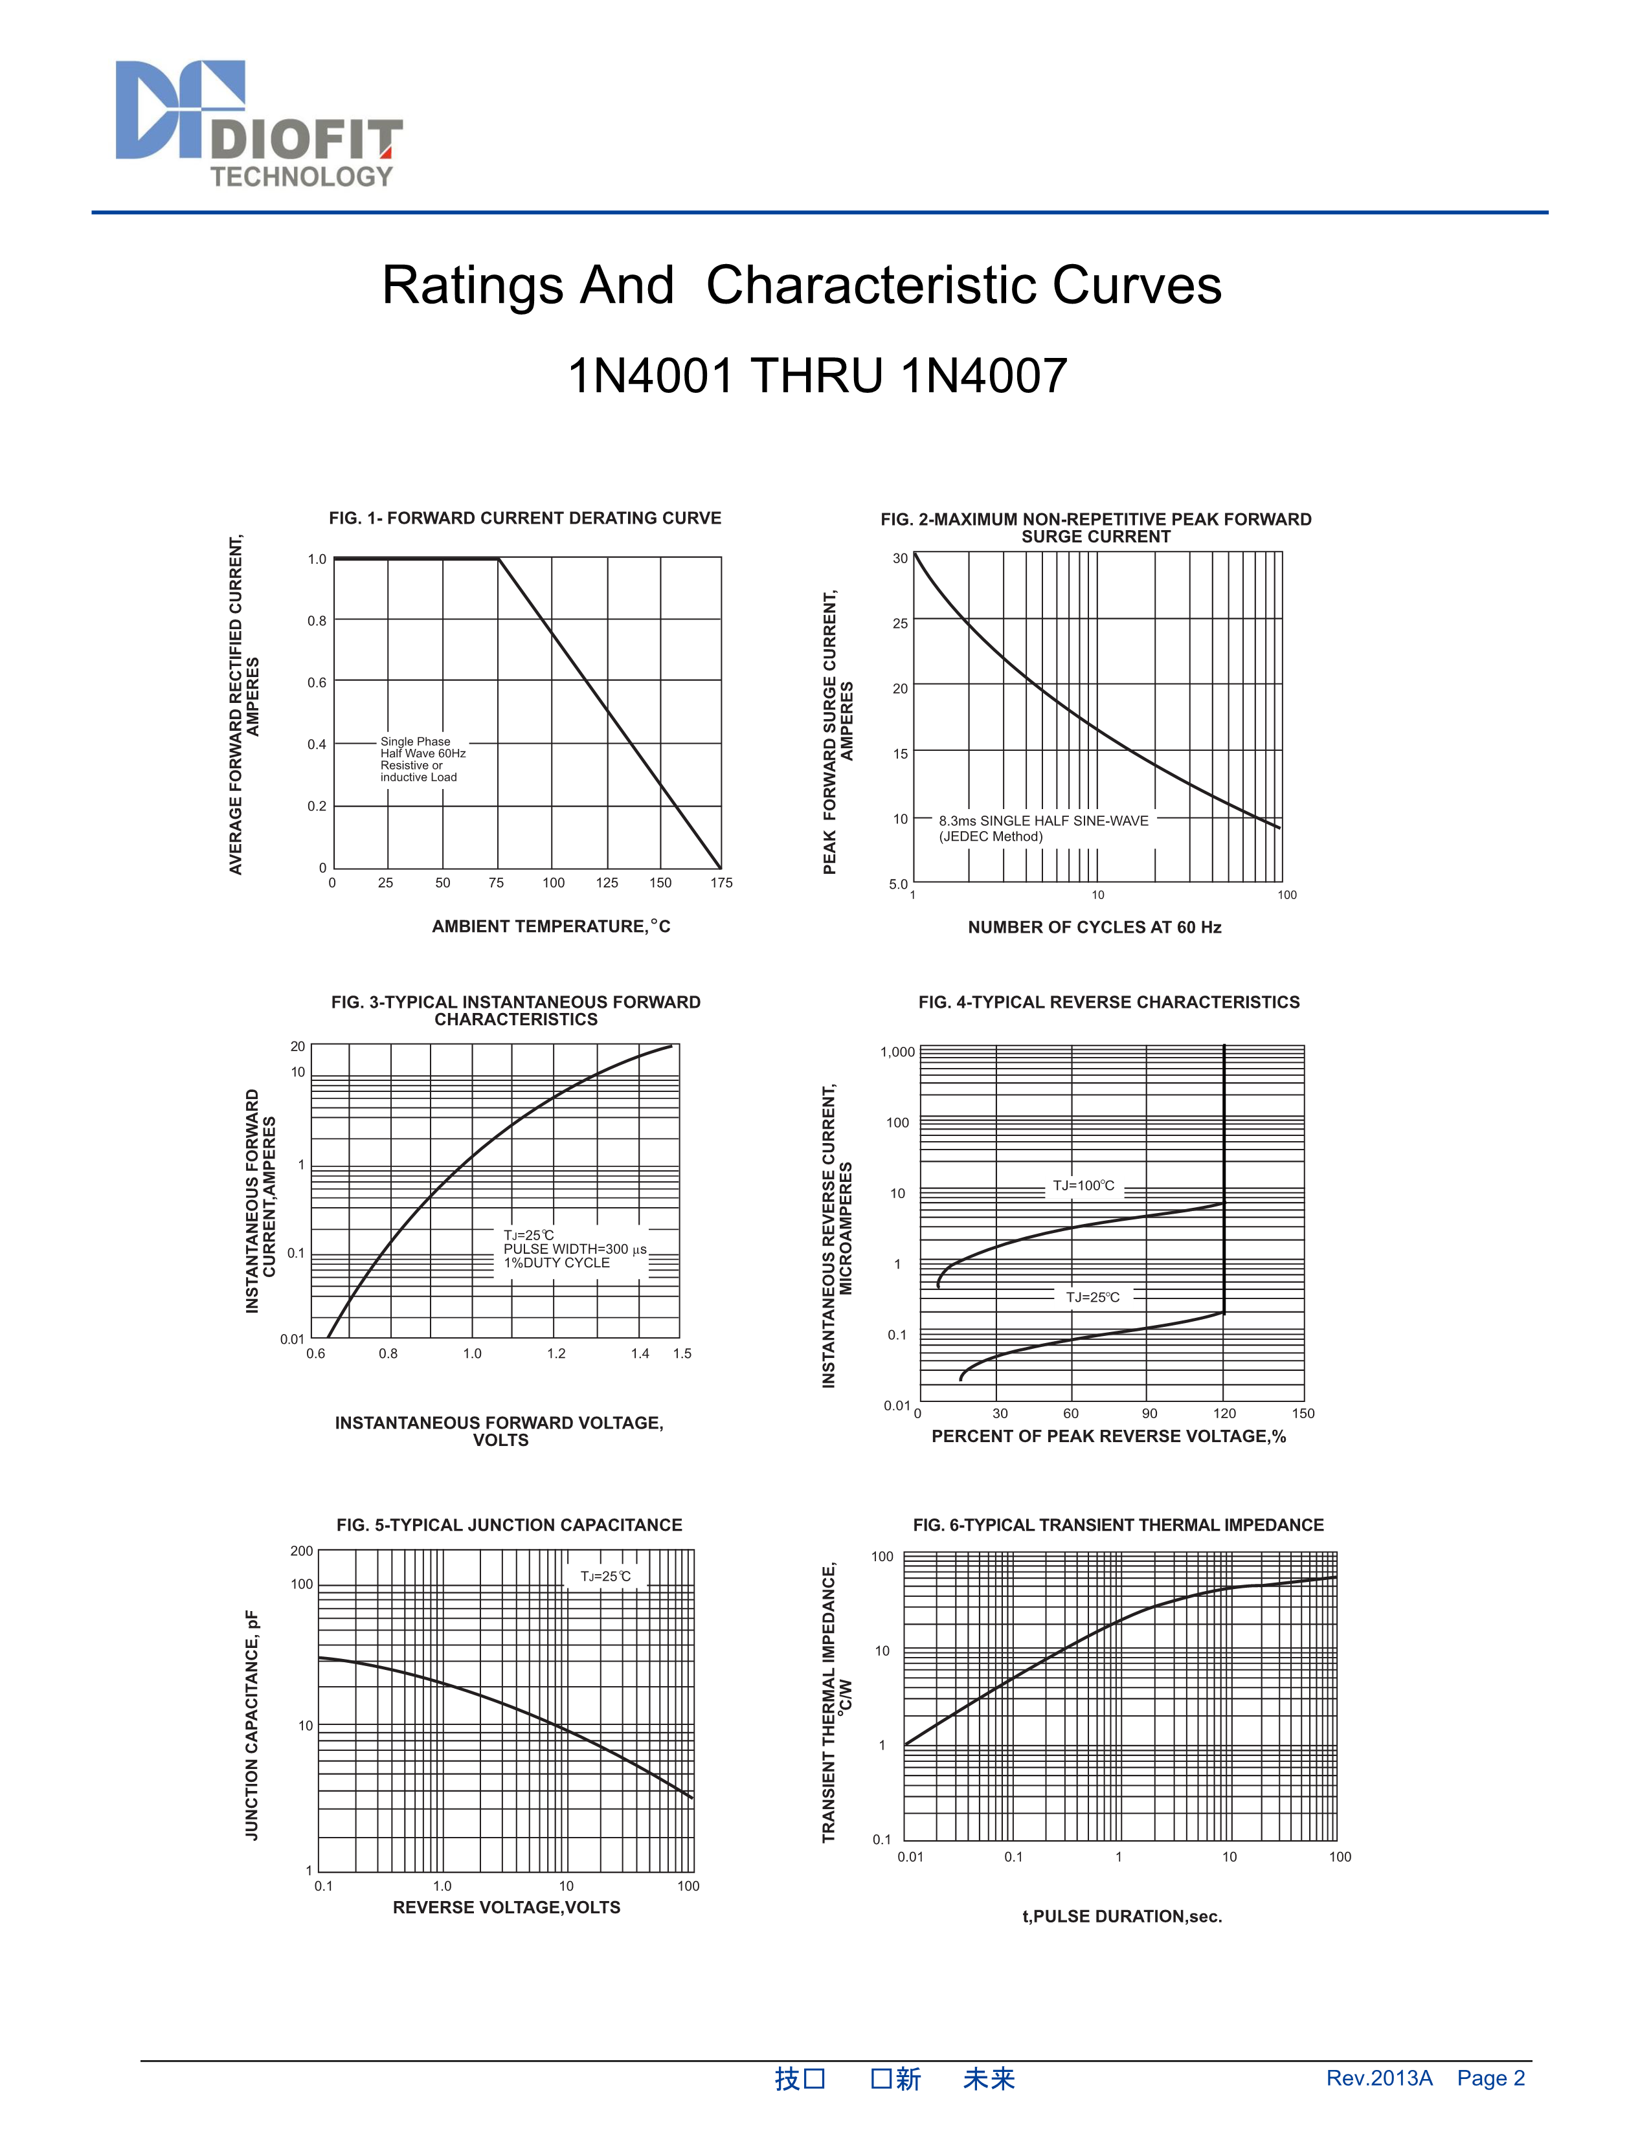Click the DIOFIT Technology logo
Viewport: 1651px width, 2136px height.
259,124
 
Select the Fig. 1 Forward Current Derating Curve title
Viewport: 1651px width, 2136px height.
524,518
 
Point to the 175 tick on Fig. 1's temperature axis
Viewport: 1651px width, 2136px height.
721,883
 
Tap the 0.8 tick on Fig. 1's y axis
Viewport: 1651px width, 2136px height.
317,621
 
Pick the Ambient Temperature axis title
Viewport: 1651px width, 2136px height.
551,926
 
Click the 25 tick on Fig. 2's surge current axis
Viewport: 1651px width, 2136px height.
900,623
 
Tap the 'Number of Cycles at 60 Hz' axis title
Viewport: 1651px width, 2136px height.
1094,927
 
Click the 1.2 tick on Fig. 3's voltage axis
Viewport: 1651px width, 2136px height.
557,1353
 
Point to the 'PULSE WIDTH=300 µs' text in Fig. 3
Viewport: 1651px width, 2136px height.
575,1249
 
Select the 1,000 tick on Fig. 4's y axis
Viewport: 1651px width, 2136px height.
897,1052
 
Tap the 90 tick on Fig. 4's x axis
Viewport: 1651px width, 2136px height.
1149,1413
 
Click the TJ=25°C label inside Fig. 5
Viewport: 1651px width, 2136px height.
605,1577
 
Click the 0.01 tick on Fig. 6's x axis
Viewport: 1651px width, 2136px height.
910,1856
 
